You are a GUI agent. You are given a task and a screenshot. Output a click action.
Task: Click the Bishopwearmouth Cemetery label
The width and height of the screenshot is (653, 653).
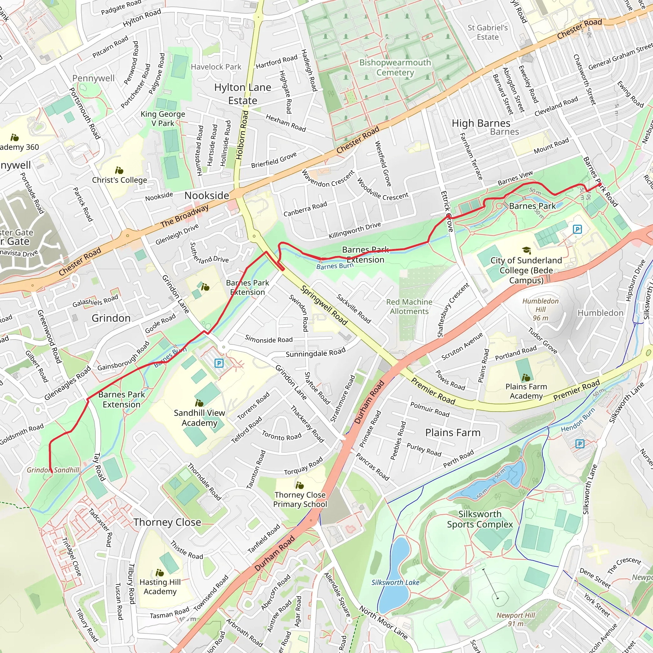point(395,68)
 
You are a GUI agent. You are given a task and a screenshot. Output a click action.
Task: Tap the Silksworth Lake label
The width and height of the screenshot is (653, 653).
point(395,582)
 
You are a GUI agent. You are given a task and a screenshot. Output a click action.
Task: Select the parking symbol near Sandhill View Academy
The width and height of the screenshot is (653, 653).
point(219,363)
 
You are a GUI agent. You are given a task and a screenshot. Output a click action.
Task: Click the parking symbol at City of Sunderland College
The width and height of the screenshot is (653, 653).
point(577,230)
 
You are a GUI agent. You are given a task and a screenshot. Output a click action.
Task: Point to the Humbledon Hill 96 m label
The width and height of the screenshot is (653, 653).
point(540,309)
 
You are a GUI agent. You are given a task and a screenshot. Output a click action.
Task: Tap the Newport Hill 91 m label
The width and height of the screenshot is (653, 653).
point(516,619)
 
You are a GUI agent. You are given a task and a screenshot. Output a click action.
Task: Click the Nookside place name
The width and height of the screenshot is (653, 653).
point(207,195)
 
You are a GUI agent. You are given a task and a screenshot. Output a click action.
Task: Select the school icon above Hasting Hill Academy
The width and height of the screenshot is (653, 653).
point(159,573)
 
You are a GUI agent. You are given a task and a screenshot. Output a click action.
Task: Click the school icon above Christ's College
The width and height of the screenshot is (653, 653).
point(119,170)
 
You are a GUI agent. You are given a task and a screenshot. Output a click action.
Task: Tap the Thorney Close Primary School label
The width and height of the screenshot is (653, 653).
point(300,500)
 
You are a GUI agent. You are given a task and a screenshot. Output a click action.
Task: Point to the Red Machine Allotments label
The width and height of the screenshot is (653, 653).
point(409,306)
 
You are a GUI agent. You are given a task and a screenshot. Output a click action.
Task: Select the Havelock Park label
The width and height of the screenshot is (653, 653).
point(216,67)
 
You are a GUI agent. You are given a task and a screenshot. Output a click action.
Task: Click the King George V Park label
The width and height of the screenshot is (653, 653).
point(163,119)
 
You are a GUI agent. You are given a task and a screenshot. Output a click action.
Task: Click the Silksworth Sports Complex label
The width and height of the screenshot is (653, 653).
point(480,519)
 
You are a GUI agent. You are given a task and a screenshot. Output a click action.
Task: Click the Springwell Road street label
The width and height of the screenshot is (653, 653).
point(324,305)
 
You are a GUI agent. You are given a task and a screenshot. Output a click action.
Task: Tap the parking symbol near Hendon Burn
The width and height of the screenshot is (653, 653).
point(580,444)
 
